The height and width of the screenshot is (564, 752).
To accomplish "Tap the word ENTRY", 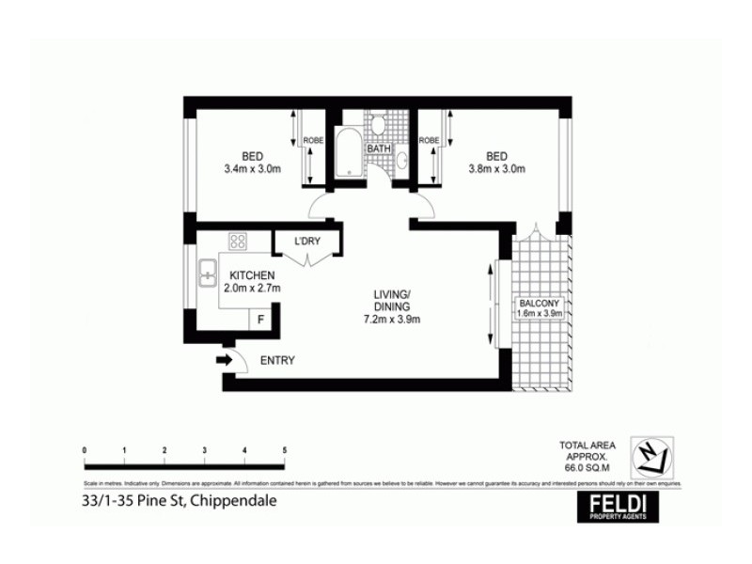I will [277, 360].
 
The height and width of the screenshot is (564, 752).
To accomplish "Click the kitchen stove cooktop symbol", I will [238, 242].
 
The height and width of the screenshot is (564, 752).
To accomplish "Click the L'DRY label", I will [307, 242].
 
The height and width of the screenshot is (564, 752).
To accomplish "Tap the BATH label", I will [379, 149].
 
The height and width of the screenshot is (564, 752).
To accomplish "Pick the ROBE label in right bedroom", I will [429, 141].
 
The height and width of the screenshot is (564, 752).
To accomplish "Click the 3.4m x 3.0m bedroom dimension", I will [251, 169].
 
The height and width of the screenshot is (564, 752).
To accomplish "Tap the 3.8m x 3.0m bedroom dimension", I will [497, 169].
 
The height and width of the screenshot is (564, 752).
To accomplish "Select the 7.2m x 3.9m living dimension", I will [393, 319].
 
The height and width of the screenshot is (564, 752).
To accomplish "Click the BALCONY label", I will [540, 303].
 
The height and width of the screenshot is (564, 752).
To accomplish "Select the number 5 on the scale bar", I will [284, 450].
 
